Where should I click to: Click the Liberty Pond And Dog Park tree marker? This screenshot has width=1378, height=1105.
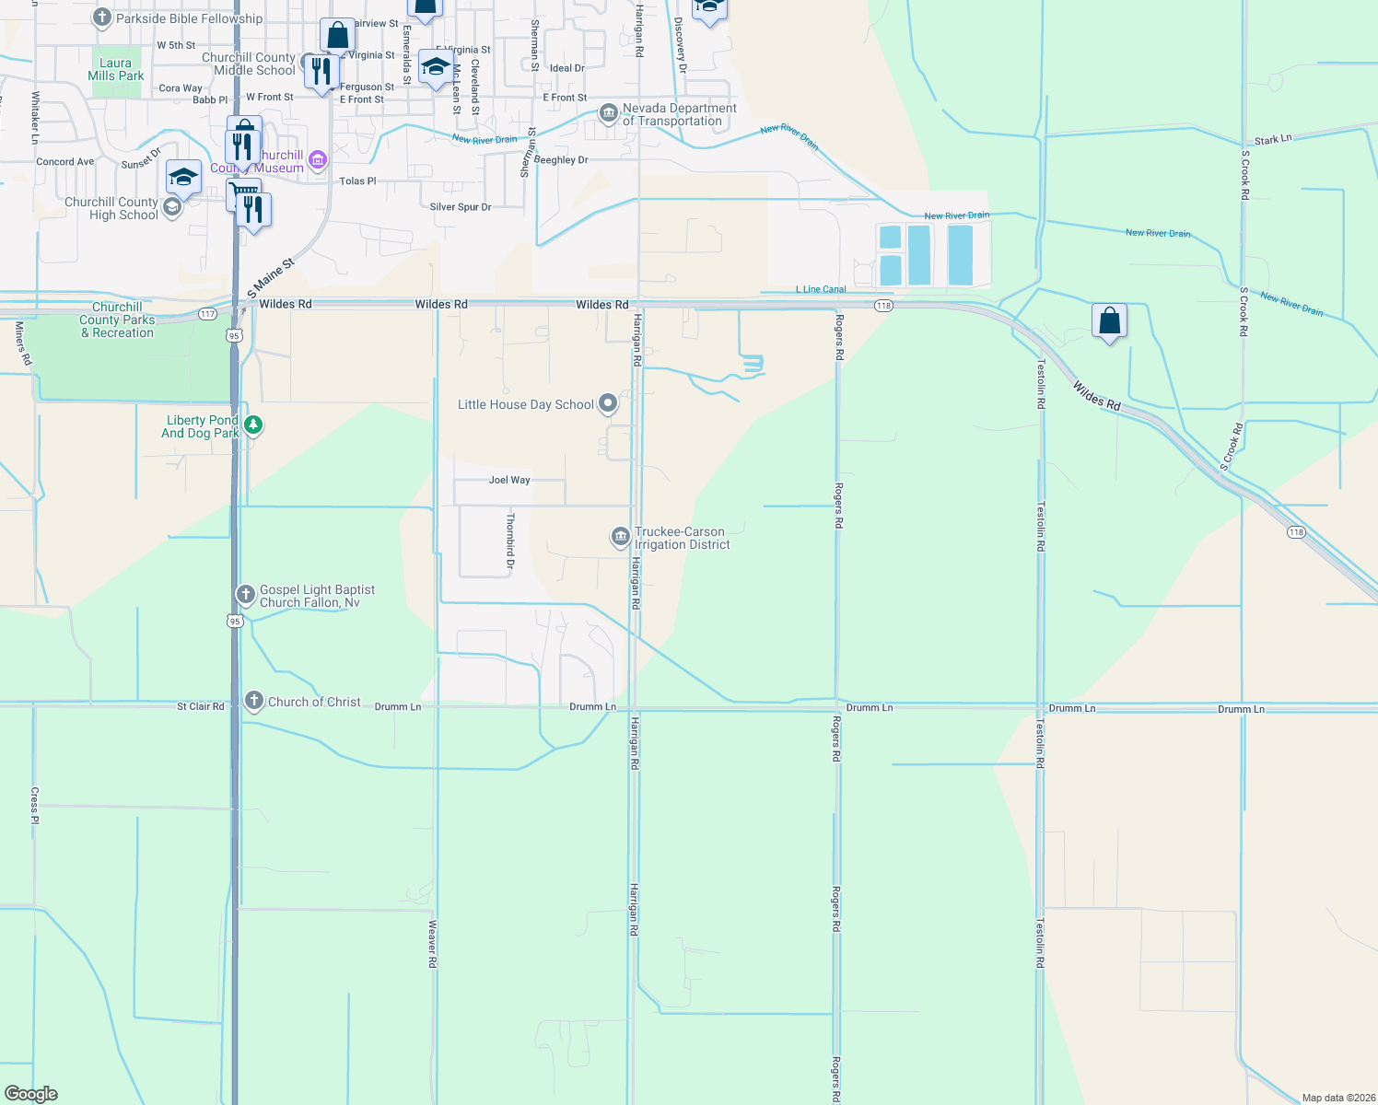[253, 425]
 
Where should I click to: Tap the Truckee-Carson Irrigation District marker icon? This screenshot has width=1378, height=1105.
[621, 537]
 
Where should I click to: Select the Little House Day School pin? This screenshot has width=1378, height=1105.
[608, 403]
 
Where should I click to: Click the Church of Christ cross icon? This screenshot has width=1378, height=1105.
[254, 702]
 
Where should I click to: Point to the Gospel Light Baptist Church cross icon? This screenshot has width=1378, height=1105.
[245, 595]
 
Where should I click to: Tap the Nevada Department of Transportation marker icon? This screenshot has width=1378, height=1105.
[608, 113]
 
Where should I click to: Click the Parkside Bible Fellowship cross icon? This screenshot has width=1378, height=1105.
[102, 17]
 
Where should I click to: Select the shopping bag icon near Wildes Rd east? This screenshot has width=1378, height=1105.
[1110, 321]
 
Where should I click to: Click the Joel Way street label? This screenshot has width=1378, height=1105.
[509, 480]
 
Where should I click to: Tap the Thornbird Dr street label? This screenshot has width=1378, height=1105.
[510, 541]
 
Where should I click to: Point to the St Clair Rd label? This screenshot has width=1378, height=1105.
[200, 706]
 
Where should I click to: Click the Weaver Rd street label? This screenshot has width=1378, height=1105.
[432, 944]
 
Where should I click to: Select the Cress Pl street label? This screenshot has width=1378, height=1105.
[35, 806]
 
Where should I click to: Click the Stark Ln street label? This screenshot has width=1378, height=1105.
[1273, 140]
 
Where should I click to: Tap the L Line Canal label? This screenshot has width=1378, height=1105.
[821, 289]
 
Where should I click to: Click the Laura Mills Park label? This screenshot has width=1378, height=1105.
[116, 70]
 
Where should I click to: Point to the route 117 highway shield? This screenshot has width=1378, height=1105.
[208, 314]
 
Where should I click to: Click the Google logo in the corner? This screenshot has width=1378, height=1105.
[31, 1094]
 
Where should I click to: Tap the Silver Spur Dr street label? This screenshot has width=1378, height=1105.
[461, 207]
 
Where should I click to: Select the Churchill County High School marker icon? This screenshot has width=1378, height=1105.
[171, 208]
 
